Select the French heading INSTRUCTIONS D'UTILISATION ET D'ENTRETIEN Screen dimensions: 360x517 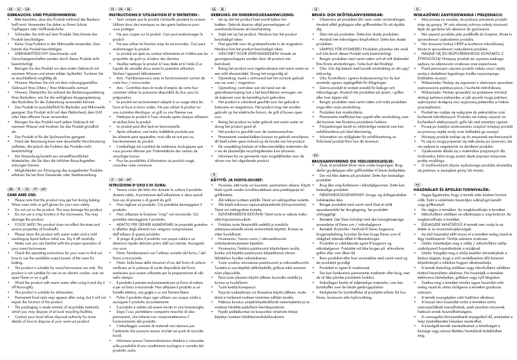[x=143, y=11]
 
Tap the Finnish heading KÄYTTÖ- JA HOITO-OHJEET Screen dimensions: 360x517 [x=229, y=177]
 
